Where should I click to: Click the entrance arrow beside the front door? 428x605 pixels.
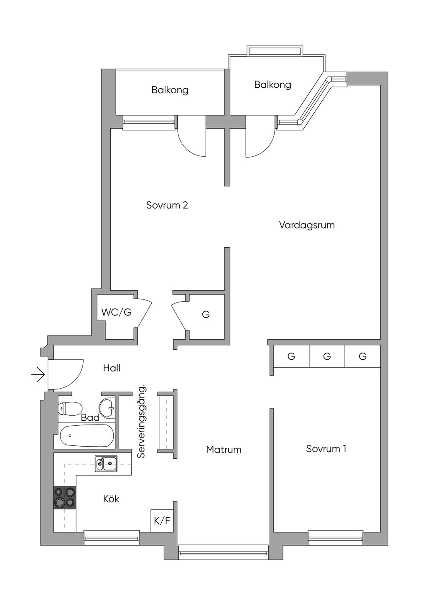[x=38, y=374]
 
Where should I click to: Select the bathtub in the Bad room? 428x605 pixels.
[x=87, y=436]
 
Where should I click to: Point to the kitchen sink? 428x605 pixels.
[x=106, y=463]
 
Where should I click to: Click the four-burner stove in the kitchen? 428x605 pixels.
[x=65, y=497]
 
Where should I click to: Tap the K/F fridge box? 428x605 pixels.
[x=162, y=521]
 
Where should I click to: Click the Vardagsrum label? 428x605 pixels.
[x=307, y=225]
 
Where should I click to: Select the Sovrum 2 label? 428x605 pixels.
[x=167, y=205]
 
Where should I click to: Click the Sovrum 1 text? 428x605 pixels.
[x=326, y=449]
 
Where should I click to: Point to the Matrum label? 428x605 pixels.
[x=224, y=450]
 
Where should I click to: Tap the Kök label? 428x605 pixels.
[x=111, y=499]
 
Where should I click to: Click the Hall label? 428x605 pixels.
[x=112, y=368]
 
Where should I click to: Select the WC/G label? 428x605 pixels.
[x=116, y=312]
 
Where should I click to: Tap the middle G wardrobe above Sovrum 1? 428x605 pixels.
[x=327, y=356]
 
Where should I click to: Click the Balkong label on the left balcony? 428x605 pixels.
[x=170, y=90]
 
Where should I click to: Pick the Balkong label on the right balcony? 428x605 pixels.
[x=273, y=85]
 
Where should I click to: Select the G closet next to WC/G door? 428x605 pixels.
[x=206, y=314]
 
